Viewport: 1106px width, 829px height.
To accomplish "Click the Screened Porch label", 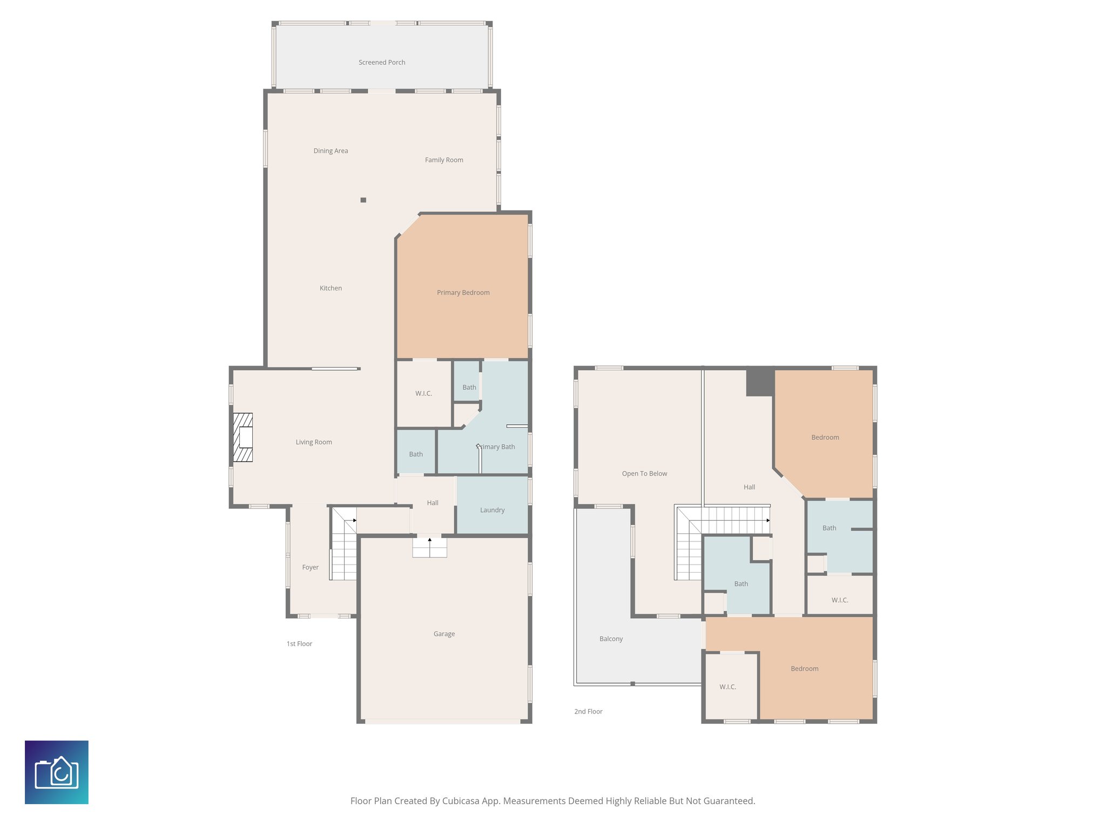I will [382, 63].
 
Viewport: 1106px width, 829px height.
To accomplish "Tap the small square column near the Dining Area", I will [363, 200].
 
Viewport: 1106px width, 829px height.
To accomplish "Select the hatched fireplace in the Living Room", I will [243, 437].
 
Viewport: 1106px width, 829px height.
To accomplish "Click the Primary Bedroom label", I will [463, 293].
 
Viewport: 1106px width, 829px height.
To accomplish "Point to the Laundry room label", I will [492, 510].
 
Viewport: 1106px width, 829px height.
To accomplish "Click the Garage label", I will [444, 634].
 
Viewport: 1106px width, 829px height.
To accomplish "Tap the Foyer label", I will [310, 567].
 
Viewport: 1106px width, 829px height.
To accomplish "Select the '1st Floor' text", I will [299, 644].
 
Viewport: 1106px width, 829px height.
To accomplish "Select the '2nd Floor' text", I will [588, 711].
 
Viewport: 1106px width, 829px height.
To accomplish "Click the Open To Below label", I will [644, 474].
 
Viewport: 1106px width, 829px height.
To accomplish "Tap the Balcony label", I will [611, 639].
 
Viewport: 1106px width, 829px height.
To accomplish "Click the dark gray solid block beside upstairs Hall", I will [760, 382].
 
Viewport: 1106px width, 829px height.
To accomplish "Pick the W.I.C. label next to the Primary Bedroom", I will [423, 393].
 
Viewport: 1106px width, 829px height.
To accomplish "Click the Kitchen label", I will [331, 288].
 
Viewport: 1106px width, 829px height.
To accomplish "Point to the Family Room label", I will [444, 160].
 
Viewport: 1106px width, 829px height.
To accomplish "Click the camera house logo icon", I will [57, 772].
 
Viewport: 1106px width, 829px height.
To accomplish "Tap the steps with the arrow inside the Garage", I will [429, 547].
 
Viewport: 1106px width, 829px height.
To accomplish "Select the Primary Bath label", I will [496, 447].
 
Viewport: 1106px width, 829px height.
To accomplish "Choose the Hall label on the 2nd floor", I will [749, 487].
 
